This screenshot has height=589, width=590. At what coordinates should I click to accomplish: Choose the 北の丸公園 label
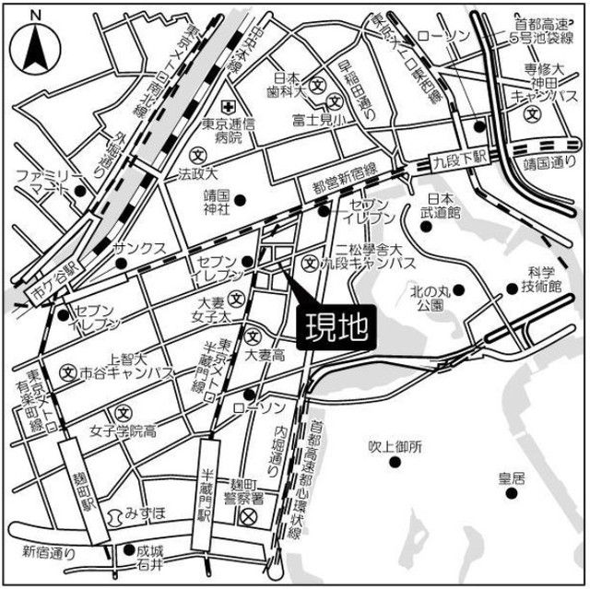[432, 297]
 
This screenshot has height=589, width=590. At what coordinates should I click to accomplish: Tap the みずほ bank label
[146, 511]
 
